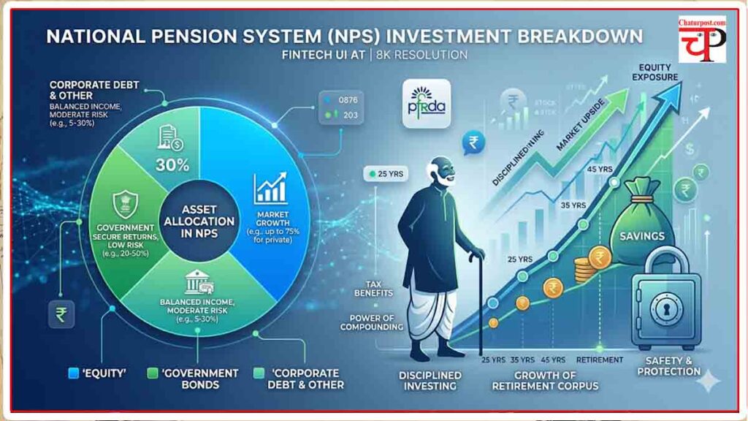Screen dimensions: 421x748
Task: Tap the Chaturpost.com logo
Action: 701,40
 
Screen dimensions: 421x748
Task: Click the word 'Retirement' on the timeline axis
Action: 599,360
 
